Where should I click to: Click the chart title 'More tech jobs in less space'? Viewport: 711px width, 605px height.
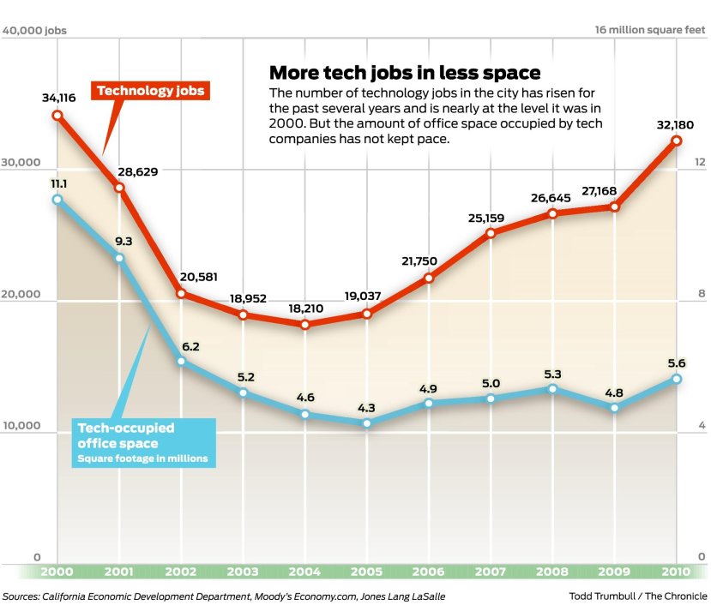click(x=405, y=72)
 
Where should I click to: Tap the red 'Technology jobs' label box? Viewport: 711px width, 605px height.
click(x=151, y=90)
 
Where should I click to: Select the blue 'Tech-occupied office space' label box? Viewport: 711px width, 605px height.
click(x=142, y=442)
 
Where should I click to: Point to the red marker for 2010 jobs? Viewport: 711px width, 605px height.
click(x=676, y=141)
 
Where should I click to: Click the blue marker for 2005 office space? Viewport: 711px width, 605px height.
click(x=367, y=423)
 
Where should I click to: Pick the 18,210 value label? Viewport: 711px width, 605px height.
click(x=304, y=306)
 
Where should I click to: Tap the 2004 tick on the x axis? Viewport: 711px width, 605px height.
click(x=305, y=572)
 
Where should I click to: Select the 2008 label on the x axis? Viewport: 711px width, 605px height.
click(x=552, y=572)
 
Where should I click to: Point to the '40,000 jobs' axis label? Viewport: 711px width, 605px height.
click(x=35, y=31)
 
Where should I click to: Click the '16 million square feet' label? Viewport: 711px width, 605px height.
click(x=651, y=31)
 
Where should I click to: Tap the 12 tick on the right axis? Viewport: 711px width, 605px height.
click(x=700, y=162)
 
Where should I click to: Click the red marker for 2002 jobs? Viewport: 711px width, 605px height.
click(x=181, y=293)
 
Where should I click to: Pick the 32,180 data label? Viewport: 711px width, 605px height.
click(x=675, y=122)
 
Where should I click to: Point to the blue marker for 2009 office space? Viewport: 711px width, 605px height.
click(x=614, y=408)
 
